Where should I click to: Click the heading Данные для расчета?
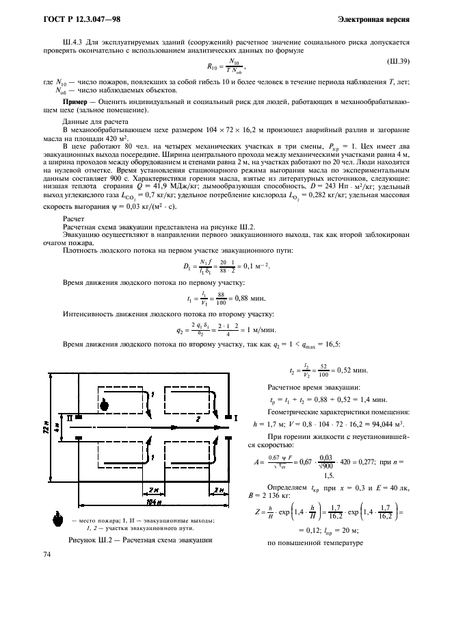click(91, 121)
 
